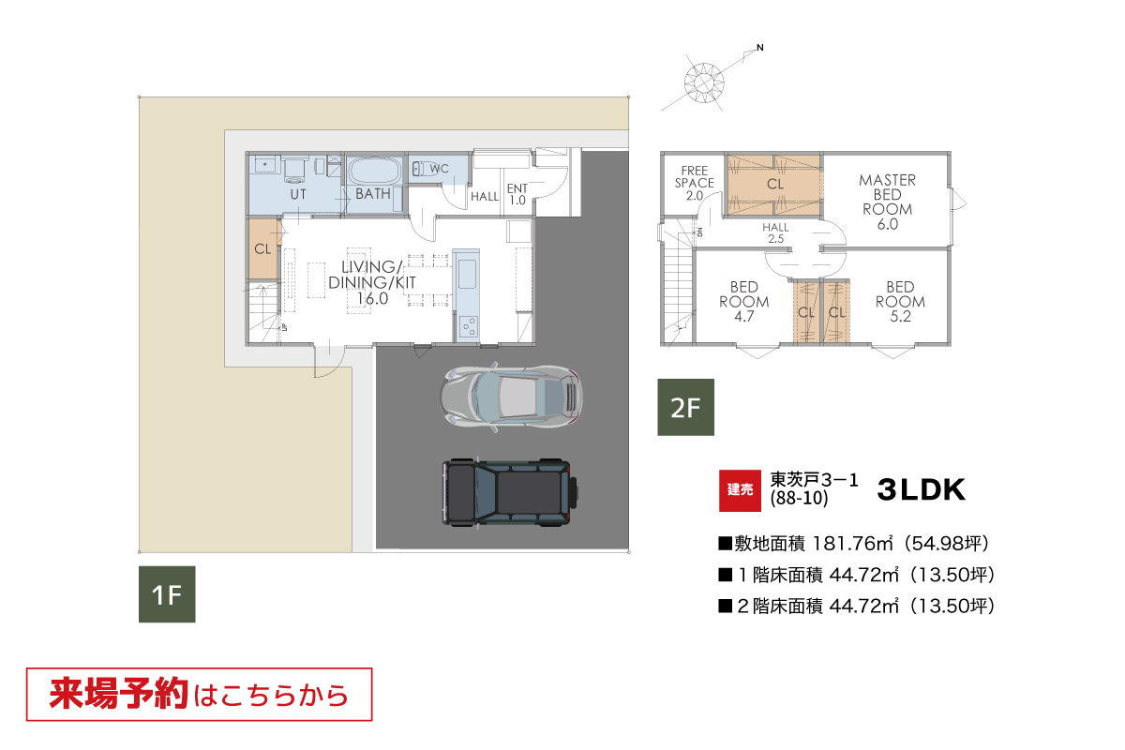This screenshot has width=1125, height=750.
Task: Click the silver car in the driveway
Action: tap(511, 397)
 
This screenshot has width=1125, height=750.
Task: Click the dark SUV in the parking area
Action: tap(510, 492)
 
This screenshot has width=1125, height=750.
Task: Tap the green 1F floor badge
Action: tap(167, 594)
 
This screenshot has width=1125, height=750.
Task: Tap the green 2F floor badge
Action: tap(685, 407)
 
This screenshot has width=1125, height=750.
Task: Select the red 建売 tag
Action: tap(740, 490)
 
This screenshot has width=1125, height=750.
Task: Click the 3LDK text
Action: tap(921, 489)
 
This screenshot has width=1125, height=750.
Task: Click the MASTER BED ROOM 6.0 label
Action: tap(888, 202)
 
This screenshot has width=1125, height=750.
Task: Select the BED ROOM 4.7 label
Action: tap(743, 302)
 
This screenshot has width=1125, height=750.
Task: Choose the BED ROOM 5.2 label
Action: tap(900, 302)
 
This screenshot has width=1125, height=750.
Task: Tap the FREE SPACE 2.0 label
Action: tap(694, 184)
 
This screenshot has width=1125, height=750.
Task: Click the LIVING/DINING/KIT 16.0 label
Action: tap(372, 283)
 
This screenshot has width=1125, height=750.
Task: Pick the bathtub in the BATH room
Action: tap(374, 171)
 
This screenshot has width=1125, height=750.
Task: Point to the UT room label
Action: tap(298, 194)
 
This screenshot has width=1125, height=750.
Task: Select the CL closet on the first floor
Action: tap(263, 248)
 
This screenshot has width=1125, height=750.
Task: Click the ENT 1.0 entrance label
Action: tap(517, 194)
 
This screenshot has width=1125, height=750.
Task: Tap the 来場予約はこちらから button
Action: tap(200, 695)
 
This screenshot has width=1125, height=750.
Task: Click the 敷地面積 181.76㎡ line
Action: tap(854, 544)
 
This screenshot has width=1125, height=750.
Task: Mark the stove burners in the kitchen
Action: tap(469, 326)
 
